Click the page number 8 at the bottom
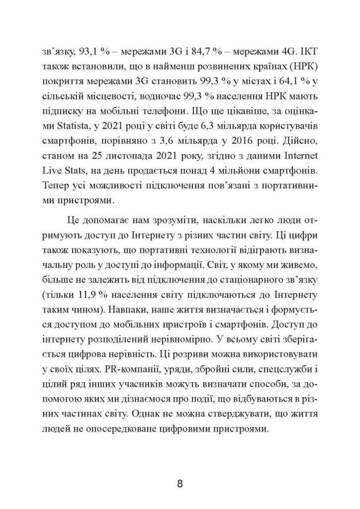180,483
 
